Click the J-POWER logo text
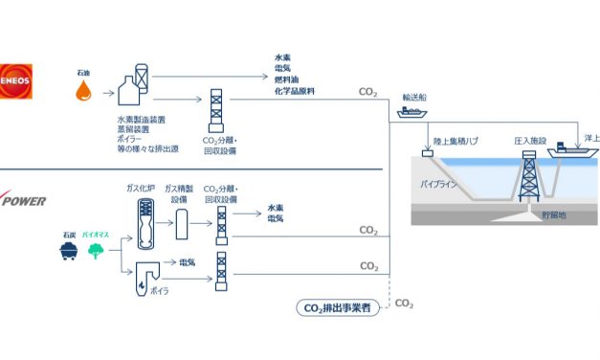point(26,202)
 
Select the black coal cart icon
point(68,252)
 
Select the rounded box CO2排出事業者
point(337,307)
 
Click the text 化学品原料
point(294,92)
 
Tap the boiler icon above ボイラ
point(145,272)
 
